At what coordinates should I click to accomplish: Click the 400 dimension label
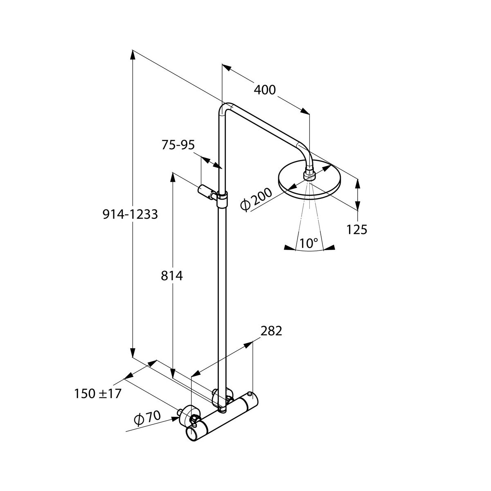[x=265, y=90]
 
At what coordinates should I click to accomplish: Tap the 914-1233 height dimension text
[x=130, y=214]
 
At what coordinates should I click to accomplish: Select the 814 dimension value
[x=172, y=276]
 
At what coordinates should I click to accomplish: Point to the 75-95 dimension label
[x=178, y=145]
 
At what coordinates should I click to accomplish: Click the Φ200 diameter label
[x=257, y=200]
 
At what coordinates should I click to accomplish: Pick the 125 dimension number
[x=357, y=230]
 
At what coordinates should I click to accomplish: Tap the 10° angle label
[x=309, y=243]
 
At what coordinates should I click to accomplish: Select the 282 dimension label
[x=271, y=331]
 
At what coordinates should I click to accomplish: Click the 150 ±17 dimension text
[x=98, y=394]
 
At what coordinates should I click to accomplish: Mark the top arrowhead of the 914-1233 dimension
[x=133, y=55]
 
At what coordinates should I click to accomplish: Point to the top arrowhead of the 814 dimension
[x=173, y=177]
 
